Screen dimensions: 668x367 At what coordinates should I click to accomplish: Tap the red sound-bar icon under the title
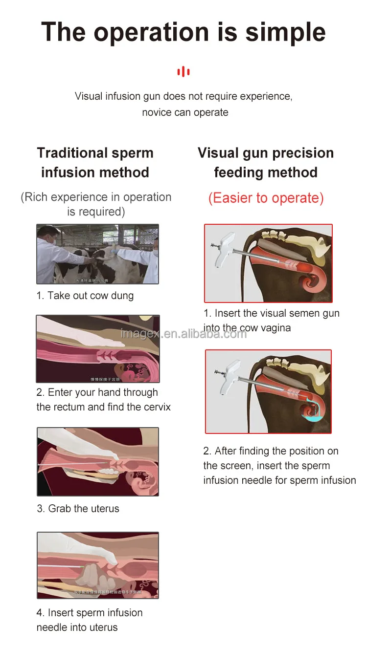(x=183, y=72)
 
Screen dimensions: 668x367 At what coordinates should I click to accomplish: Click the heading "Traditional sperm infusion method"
(x=95, y=163)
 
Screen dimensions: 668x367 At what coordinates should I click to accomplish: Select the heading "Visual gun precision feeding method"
(x=266, y=163)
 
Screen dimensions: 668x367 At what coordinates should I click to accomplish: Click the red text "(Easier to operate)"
(x=266, y=198)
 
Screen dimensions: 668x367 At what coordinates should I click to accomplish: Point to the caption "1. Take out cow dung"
(x=85, y=296)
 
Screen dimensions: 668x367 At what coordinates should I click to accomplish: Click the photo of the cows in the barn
(x=98, y=254)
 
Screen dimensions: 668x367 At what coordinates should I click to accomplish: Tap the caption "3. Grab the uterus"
(x=78, y=509)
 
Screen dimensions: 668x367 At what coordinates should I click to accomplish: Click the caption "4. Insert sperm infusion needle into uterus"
(x=90, y=620)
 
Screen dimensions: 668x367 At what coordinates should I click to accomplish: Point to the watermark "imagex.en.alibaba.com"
(x=183, y=334)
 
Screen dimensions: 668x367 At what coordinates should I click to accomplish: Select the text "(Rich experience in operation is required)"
(x=96, y=204)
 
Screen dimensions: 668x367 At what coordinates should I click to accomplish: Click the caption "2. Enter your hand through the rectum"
(x=97, y=392)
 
